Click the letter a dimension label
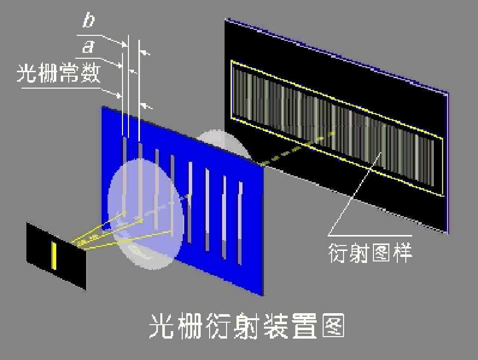(x=88, y=47)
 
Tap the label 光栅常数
(x=59, y=74)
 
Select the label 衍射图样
(x=371, y=252)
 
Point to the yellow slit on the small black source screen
(x=54, y=254)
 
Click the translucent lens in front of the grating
(x=144, y=214)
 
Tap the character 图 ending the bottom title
(x=334, y=326)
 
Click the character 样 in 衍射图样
(x=402, y=252)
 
